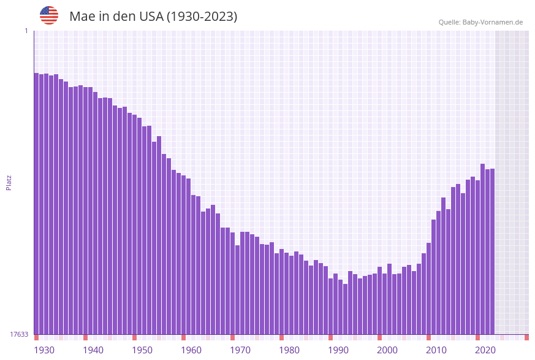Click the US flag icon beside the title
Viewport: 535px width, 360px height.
pyautogui.click(x=49, y=15)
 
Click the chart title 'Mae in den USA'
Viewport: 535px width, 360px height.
pyautogui.click(x=153, y=17)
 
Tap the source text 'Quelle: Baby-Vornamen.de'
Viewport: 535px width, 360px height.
pyautogui.click(x=480, y=22)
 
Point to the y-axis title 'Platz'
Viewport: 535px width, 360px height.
pyautogui.click(x=9, y=182)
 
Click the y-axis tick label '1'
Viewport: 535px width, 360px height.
pyautogui.click(x=26, y=31)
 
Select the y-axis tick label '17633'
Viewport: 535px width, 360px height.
pyautogui.click(x=19, y=334)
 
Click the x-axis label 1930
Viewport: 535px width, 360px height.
pyautogui.click(x=44, y=350)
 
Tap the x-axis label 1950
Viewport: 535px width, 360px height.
pyautogui.click(x=142, y=350)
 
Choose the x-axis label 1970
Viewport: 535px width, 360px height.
pyautogui.click(x=240, y=350)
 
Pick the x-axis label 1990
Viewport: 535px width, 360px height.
pyautogui.click(x=338, y=350)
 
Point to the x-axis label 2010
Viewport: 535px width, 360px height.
pyautogui.click(x=436, y=350)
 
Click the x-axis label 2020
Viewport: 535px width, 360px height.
pyautogui.click(x=485, y=350)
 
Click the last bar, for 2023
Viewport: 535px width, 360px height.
pyautogui.click(x=492, y=251)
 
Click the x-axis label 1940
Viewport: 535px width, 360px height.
pyautogui.click(x=93, y=350)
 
